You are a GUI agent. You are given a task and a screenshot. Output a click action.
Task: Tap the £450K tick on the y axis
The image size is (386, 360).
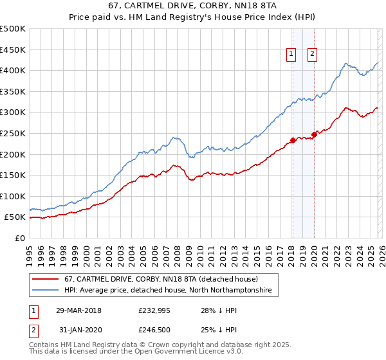click(x=13, y=50)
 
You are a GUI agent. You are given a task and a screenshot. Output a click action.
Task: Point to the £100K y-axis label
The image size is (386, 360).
click(x=13, y=196)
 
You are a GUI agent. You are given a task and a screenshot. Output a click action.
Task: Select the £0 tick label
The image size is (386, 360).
click(x=21, y=238)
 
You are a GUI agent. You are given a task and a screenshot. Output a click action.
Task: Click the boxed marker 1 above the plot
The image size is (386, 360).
click(x=291, y=55)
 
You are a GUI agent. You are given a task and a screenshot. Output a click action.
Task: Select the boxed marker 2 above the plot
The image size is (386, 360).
click(x=312, y=55)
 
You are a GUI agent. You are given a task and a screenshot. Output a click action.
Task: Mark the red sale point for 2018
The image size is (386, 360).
click(x=293, y=140)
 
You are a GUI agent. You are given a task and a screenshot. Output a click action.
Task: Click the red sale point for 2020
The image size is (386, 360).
click(x=314, y=134)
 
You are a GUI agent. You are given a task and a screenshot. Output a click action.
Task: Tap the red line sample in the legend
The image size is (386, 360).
click(x=46, y=280)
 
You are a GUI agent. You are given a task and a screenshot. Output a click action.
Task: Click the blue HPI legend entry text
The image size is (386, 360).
click(x=168, y=291)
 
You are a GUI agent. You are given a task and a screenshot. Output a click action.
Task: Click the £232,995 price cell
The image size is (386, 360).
click(x=152, y=310)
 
